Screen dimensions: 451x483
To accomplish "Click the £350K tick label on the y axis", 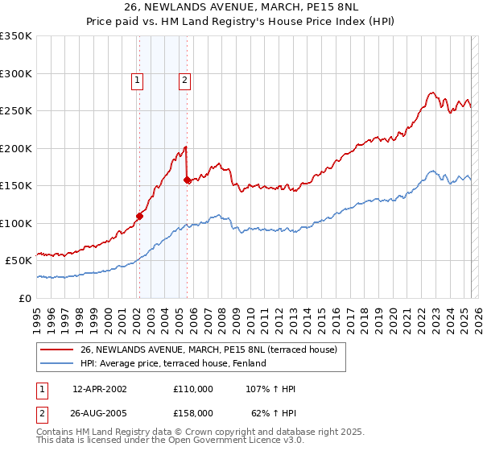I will [x=16, y=36].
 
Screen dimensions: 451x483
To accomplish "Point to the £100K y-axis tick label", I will [x=16, y=223].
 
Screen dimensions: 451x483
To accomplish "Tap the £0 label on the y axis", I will [x=25, y=298].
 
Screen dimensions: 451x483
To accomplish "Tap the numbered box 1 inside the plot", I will [x=138, y=80].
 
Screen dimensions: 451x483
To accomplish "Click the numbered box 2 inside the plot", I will [x=184, y=80].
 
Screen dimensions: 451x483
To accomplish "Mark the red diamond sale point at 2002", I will [x=139, y=216].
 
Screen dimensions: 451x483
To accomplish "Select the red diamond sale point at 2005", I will [x=188, y=180].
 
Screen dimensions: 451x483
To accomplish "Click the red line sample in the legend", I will [x=57, y=349].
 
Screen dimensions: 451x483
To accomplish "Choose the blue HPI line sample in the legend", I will [x=57, y=363].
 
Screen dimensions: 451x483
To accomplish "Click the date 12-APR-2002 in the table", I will [x=99, y=389].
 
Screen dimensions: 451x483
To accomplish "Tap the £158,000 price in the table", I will [x=193, y=412].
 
